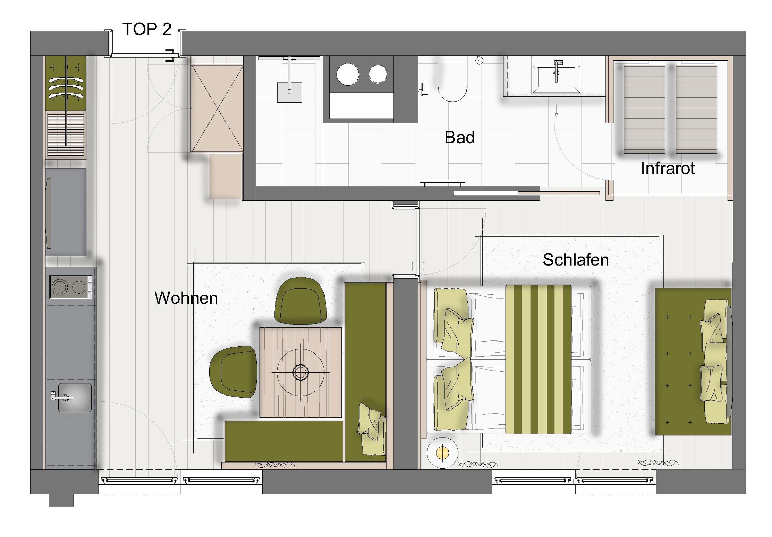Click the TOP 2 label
pos(147,29)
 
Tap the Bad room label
pos(460,138)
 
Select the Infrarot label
pos(668,168)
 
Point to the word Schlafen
pos(576,260)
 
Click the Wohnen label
pos(186,298)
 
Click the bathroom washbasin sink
pos(556,79)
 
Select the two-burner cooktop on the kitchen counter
pos(71,287)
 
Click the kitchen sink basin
pos(75,398)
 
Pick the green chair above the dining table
pos(300,301)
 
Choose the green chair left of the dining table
pos(233,372)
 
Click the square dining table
pos(301,372)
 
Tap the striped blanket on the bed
pos(538,359)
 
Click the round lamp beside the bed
pos(442,452)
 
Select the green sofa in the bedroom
pos(693,361)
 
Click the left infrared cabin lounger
pos(644,109)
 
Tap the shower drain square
pos(289,92)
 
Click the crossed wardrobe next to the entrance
pos(217,109)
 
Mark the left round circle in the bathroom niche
pos(348,74)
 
